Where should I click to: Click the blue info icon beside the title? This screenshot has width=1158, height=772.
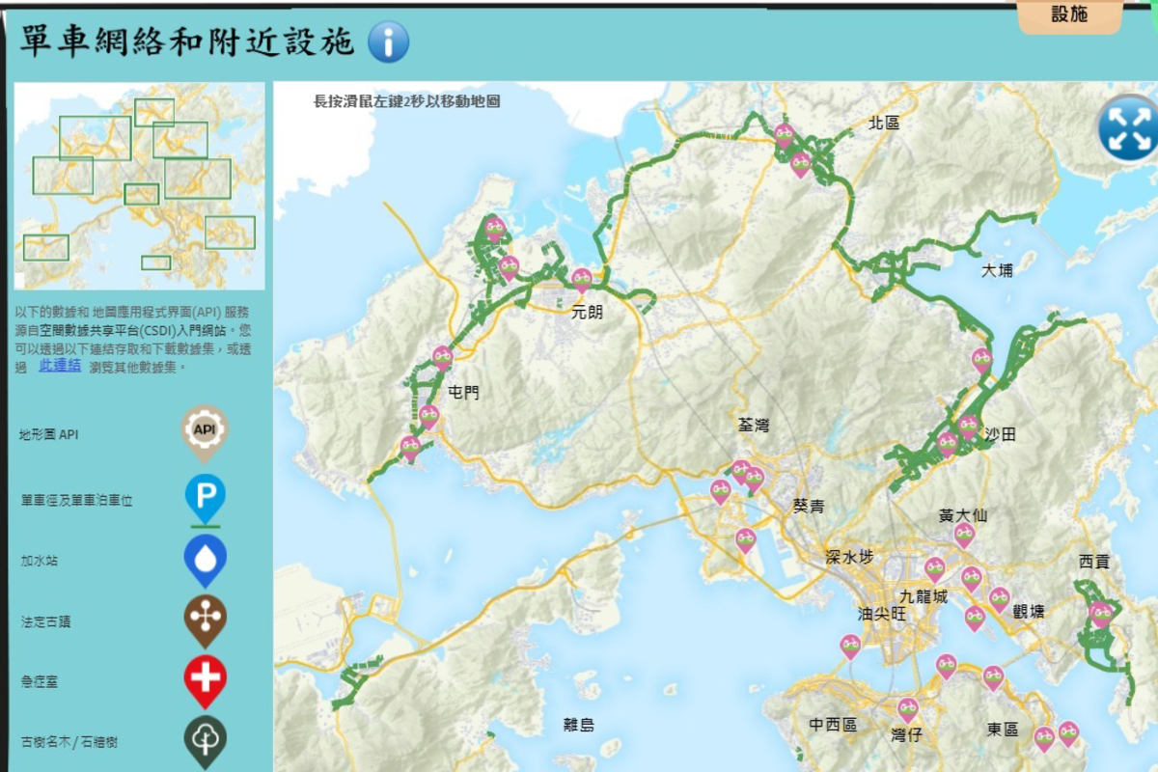(x=388, y=41)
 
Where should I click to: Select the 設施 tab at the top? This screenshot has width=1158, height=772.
(x=1069, y=14)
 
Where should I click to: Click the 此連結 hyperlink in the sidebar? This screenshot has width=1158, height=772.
(x=60, y=366)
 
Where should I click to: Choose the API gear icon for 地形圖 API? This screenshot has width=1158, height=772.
(x=205, y=430)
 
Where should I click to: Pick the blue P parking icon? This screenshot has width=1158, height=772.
(x=206, y=497)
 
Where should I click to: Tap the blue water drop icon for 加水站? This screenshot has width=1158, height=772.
(x=206, y=560)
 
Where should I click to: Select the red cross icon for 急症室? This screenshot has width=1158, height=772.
(x=206, y=678)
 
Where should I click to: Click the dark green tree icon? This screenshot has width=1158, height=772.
(x=206, y=739)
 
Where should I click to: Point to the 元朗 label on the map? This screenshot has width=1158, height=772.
(x=586, y=312)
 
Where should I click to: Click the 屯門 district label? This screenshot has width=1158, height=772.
(x=464, y=393)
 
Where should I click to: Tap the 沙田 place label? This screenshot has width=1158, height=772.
(x=1001, y=434)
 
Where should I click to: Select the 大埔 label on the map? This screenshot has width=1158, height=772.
(x=997, y=270)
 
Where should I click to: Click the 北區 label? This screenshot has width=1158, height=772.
(x=884, y=123)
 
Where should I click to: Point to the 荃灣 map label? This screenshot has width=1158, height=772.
(x=754, y=425)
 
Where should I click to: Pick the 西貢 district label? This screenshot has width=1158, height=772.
(x=1094, y=561)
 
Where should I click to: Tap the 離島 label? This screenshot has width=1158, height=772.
(x=579, y=725)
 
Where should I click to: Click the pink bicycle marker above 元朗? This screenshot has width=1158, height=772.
(x=582, y=280)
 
